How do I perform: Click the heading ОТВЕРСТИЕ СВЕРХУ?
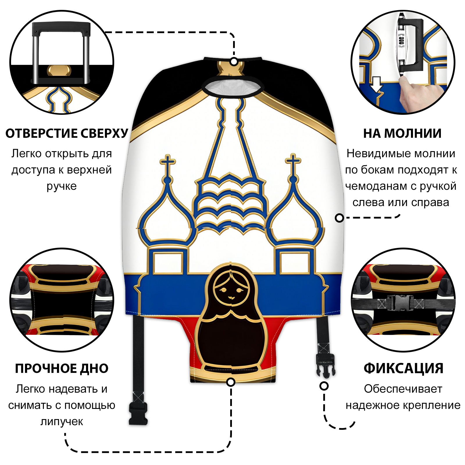(x=67, y=133)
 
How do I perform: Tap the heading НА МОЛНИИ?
(x=402, y=133)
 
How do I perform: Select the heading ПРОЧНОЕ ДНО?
(x=62, y=368)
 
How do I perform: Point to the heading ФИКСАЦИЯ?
(x=403, y=368)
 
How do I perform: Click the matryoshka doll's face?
(x=230, y=291)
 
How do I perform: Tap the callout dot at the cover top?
(x=234, y=62)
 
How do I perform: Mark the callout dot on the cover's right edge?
(x=339, y=218)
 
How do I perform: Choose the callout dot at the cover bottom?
(x=231, y=382)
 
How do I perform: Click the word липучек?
(x=62, y=421)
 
